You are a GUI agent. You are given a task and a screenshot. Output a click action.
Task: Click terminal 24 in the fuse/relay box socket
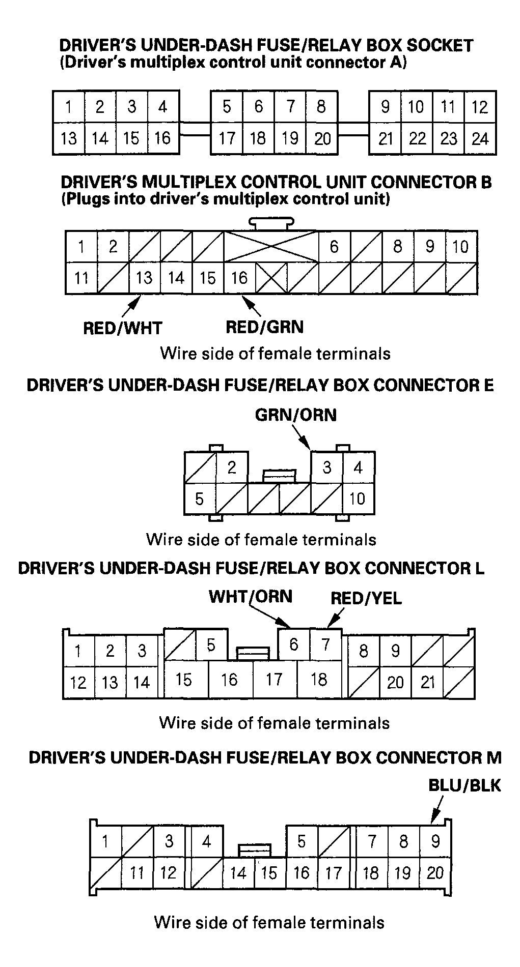[480, 138]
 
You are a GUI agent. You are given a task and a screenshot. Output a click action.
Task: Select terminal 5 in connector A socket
[227, 107]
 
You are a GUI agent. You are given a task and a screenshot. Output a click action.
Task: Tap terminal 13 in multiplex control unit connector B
[145, 278]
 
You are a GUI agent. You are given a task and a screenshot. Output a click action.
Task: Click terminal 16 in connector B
[239, 278]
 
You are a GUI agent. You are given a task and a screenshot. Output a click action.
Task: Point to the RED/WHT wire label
[122, 328]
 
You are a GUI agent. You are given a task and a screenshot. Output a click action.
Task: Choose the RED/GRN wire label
[265, 327]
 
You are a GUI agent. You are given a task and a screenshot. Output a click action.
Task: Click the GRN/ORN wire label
[296, 415]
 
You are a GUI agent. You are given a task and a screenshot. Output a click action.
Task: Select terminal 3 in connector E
[327, 467]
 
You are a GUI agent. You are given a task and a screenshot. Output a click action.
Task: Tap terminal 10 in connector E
[359, 499]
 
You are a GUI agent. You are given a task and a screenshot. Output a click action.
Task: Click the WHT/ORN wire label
[251, 596]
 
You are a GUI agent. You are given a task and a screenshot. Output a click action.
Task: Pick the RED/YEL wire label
[366, 598]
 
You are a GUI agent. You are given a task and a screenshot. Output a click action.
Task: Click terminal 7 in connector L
[325, 645]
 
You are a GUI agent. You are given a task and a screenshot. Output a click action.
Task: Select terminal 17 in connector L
[275, 679]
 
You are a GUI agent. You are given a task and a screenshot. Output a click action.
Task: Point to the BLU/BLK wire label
[465, 785]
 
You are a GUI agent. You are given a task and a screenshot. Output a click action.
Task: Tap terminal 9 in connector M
[435, 841]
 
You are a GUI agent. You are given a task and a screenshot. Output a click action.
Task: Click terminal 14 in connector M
[239, 873]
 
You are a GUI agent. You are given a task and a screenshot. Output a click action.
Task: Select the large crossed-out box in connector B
[271, 247]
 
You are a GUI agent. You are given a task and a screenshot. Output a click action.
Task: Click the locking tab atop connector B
[271, 224]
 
